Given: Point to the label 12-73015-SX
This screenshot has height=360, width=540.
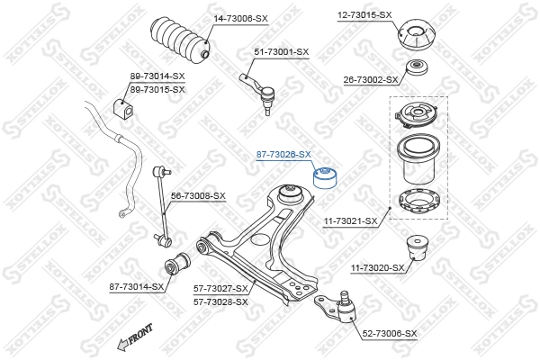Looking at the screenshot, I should [x=364, y=15].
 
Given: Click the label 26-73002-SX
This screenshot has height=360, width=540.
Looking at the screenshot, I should [x=370, y=80].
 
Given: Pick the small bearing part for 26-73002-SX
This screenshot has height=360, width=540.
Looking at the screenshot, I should [x=418, y=69].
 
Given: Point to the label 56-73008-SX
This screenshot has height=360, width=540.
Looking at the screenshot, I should [x=198, y=195].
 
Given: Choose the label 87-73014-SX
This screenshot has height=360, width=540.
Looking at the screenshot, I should [x=136, y=286].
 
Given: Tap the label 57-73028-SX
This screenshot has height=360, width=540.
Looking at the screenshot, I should [x=220, y=301].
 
